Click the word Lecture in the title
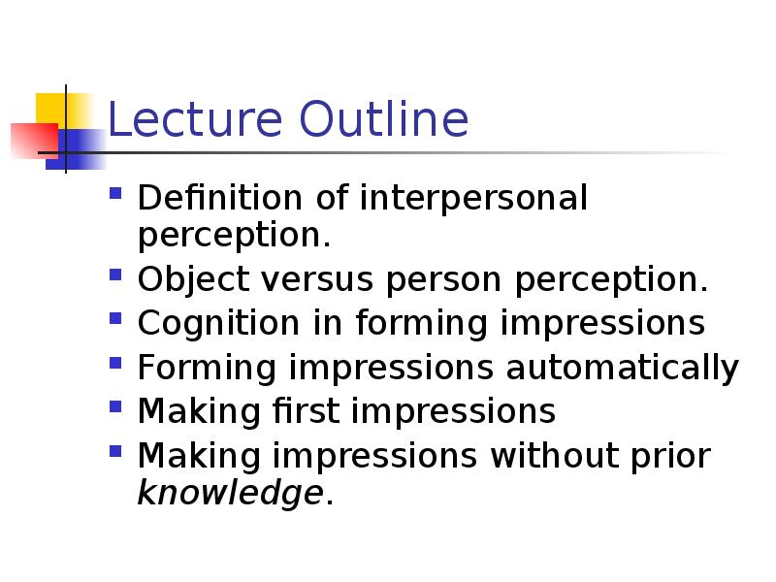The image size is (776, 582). (195, 118)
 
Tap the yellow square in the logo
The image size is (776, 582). (64, 110)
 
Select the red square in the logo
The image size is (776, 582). (35, 141)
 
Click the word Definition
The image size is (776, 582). (220, 198)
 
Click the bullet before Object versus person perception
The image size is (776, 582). (115, 275)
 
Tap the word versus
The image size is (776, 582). (317, 279)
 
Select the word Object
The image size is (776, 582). (193, 280)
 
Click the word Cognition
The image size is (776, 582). (219, 324)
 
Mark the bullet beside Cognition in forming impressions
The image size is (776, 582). (115, 318)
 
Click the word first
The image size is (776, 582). (306, 410)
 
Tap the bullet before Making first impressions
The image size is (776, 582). (115, 406)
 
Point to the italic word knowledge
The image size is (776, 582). (230, 494)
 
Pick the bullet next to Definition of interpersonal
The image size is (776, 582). (115, 192)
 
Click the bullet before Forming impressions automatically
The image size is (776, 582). (115, 363)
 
